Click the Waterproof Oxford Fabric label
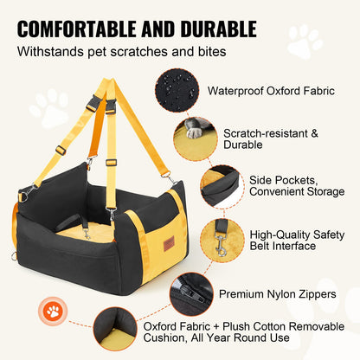tap(270, 90)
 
